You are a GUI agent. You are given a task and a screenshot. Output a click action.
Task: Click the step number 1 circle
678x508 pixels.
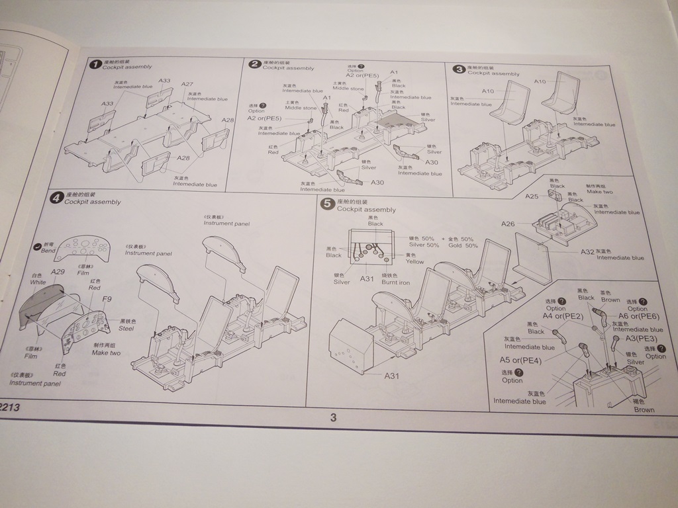(x=95, y=63)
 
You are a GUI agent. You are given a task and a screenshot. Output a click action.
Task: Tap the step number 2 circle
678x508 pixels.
(x=255, y=64)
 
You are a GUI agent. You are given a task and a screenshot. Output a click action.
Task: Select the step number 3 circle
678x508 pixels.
(x=458, y=69)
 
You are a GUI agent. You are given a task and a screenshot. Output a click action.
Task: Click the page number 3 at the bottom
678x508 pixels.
(x=333, y=417)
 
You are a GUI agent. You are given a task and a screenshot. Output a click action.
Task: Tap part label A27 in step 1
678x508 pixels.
(x=187, y=85)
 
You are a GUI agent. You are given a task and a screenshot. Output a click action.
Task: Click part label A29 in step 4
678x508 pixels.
(x=58, y=272)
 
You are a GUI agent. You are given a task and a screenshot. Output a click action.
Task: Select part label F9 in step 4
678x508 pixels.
(x=107, y=300)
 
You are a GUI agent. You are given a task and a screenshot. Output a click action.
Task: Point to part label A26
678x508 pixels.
(x=508, y=224)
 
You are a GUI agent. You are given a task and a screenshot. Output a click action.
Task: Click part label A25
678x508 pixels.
(x=532, y=196)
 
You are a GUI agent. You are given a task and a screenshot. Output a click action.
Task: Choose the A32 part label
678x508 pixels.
(x=587, y=252)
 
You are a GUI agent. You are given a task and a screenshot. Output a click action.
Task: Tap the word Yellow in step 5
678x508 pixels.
(x=414, y=262)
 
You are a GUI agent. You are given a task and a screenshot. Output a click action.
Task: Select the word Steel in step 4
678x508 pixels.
(x=126, y=328)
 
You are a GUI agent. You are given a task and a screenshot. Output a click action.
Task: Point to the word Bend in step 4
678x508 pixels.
(x=48, y=251)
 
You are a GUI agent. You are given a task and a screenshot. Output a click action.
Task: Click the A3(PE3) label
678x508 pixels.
(x=641, y=339)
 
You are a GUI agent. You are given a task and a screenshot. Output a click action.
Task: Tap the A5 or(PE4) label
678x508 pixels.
(x=520, y=360)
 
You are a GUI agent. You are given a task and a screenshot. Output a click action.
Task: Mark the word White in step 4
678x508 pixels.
(x=38, y=282)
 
